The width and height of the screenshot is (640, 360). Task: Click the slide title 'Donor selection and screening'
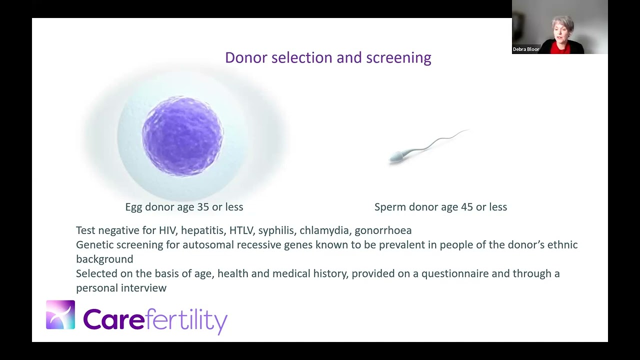click(x=328, y=57)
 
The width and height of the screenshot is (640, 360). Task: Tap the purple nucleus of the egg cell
click(x=182, y=136)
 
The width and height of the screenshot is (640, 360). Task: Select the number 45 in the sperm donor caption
click(x=467, y=207)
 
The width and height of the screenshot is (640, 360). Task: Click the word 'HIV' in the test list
click(x=167, y=230)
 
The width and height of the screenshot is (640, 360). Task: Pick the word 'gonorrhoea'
click(x=383, y=230)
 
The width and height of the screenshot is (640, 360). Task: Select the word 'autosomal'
click(x=208, y=245)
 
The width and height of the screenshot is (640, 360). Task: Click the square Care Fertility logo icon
click(x=60, y=315)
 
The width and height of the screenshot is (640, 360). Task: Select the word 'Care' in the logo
click(x=113, y=319)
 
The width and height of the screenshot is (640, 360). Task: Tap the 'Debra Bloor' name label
click(x=526, y=49)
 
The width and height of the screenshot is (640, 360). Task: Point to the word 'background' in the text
click(x=104, y=259)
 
